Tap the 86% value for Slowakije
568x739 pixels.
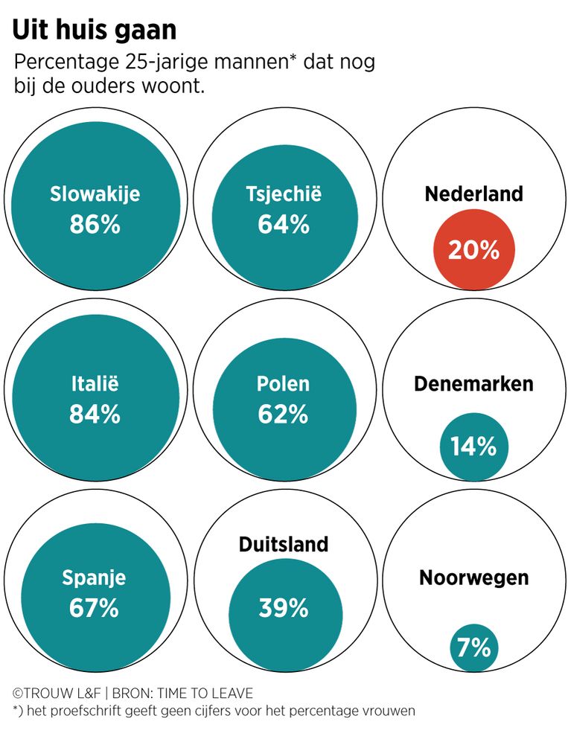click(x=95, y=224)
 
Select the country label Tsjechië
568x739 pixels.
click(x=284, y=194)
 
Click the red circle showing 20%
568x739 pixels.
click(x=473, y=249)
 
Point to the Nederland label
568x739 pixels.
click(x=474, y=194)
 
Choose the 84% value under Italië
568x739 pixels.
click(x=95, y=415)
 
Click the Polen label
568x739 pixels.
click(x=283, y=385)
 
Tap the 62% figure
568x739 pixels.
click(x=283, y=414)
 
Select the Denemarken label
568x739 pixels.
click(x=473, y=384)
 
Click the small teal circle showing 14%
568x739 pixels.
click(x=473, y=446)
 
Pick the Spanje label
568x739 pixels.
click(x=94, y=578)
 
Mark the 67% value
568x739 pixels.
click(x=94, y=608)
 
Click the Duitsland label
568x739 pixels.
click(x=284, y=545)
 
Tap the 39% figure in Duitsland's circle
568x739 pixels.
click(x=284, y=608)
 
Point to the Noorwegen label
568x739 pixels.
click(x=474, y=578)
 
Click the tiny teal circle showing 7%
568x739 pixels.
click(x=473, y=647)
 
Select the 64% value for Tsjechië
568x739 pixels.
click(x=284, y=224)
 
